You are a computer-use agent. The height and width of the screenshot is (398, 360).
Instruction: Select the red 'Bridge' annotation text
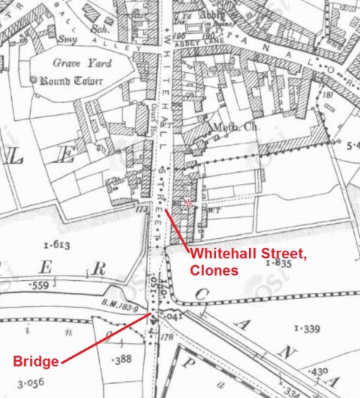coord(35,362)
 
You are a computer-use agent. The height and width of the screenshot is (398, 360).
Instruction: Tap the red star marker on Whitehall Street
coord(187,203)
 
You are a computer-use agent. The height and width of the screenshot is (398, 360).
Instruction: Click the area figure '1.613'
coord(56,245)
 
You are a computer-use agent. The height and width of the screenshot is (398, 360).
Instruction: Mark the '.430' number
coord(321,372)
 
